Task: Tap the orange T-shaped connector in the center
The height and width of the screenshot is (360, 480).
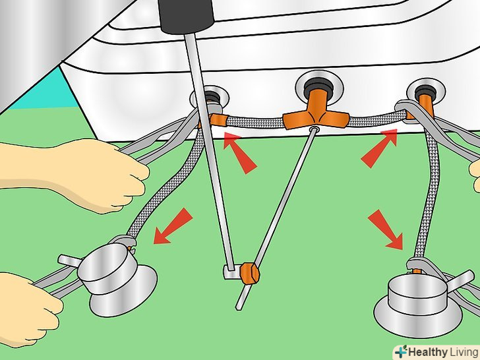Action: click(316, 115)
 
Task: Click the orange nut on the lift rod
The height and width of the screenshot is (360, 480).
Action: click(249, 273)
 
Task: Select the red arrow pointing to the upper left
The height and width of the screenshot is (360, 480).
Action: click(240, 152)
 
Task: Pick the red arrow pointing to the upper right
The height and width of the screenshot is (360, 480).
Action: click(379, 148)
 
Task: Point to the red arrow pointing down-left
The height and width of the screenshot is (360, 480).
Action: click(173, 226)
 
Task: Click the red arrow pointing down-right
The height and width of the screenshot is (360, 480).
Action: click(386, 229)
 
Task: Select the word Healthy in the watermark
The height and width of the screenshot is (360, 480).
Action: click(427, 352)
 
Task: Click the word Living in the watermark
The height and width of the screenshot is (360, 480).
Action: click(464, 352)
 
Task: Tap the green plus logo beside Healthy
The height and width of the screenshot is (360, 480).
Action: click(401, 351)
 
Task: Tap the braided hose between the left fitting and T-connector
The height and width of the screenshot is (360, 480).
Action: click(254, 123)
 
